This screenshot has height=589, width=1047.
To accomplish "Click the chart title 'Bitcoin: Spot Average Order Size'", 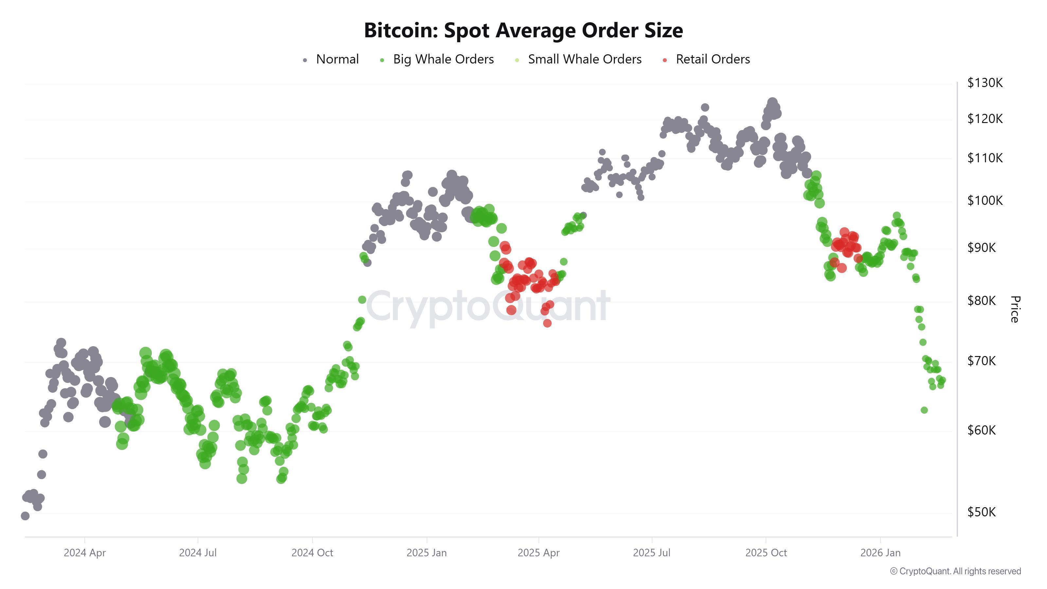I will tap(523, 30).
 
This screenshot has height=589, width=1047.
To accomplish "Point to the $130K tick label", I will tap(985, 83).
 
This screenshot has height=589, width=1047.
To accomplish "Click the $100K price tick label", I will tap(985, 200).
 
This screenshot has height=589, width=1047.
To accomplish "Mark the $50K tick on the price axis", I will tap(981, 512).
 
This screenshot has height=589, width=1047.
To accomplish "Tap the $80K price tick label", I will tap(981, 301).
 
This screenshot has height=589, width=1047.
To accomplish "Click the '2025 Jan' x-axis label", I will tap(426, 553).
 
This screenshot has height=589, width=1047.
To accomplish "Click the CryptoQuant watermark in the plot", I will tap(488, 307).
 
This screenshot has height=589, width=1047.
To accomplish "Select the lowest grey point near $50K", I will tap(25, 516).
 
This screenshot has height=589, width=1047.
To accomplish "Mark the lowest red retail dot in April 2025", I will tap(547, 323).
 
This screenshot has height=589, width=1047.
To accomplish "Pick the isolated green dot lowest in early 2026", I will tap(924, 410).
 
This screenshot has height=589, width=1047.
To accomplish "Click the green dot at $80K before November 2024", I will tap(362, 300).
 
